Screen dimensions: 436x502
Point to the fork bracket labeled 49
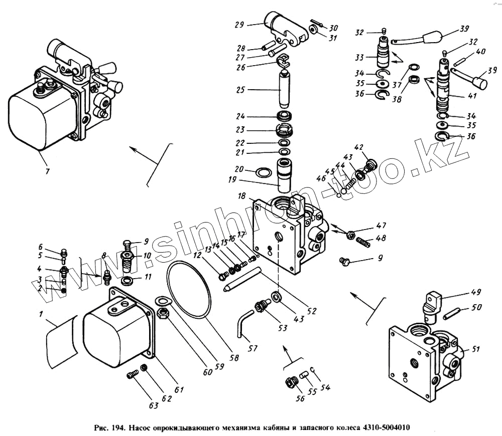(433, 303)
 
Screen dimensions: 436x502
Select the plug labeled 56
(291, 383)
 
